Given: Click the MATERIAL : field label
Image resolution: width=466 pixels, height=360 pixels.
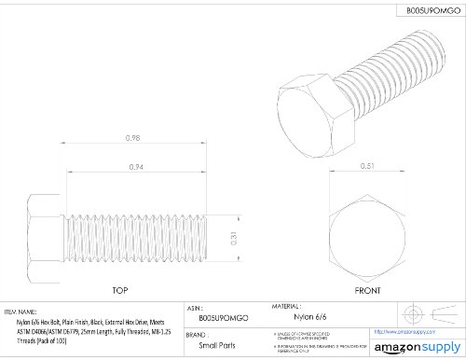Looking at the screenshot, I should pyautogui.click(x=287, y=305).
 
